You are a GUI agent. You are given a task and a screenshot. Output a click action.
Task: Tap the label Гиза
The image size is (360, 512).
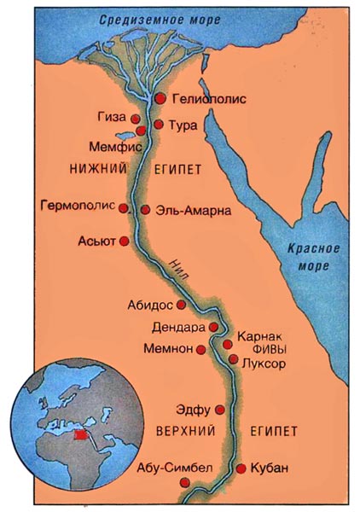[x=114, y=117]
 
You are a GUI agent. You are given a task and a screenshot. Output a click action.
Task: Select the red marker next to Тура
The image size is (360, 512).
[x=158, y=125]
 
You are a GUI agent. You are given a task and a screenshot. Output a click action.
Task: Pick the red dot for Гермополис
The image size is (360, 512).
[x=124, y=207]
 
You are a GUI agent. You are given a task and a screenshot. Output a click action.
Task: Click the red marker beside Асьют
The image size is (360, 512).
[x=124, y=241]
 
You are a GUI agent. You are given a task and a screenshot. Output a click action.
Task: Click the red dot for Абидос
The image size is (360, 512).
[x=182, y=304]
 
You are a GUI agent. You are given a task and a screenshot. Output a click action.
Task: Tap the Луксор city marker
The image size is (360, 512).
[x=234, y=359]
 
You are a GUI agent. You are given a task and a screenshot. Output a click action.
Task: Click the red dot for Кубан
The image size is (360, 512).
[x=241, y=468]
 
